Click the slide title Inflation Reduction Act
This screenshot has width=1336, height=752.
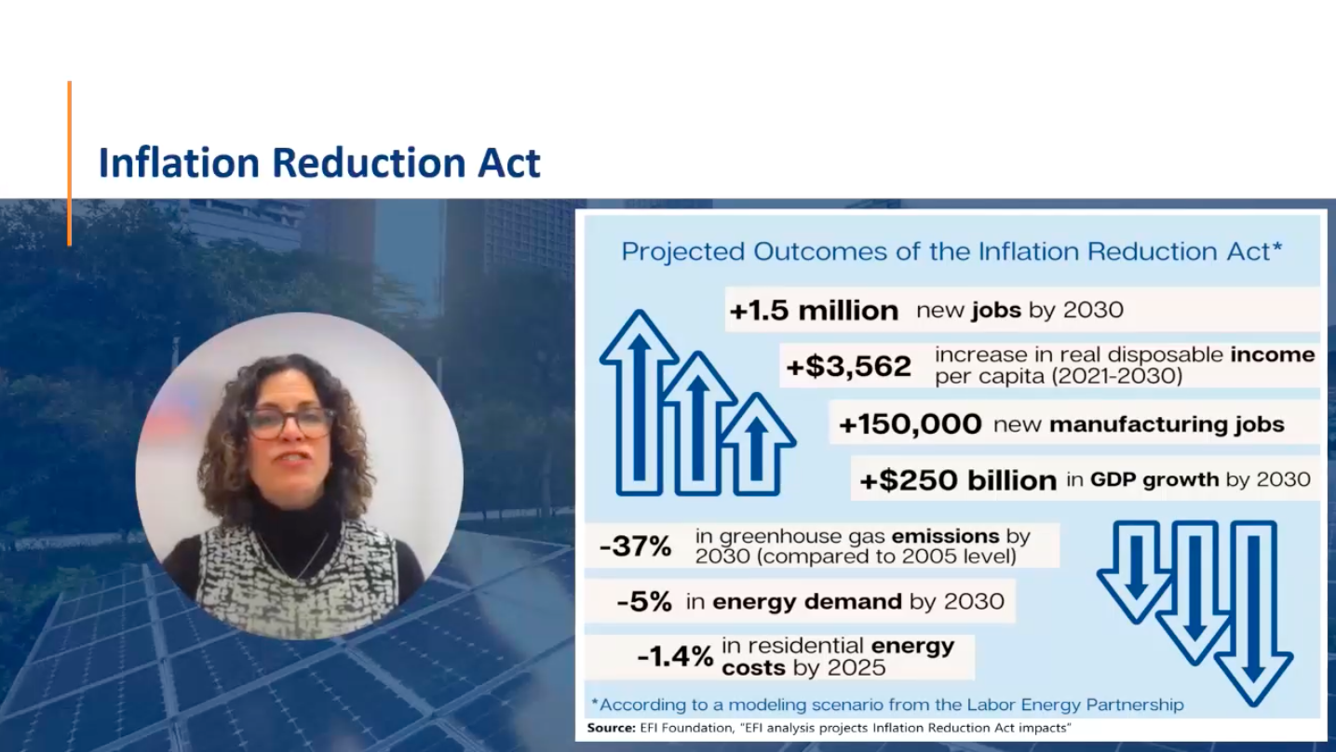319,162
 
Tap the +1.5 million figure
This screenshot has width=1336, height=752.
814,311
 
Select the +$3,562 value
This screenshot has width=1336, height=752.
849,366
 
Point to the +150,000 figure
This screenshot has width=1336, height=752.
910,424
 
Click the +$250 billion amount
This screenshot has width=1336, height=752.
958,480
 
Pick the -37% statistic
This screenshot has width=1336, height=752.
635,545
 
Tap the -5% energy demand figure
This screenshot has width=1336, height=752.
644,601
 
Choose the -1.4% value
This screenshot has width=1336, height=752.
675,656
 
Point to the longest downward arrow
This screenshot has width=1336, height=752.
1254,614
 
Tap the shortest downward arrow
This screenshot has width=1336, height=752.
1136,572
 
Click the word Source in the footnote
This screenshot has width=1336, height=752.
612,728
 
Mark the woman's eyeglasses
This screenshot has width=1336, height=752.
290,423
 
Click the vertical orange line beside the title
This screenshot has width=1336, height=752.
70,164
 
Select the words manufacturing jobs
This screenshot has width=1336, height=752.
1167,424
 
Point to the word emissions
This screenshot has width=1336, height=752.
945,536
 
